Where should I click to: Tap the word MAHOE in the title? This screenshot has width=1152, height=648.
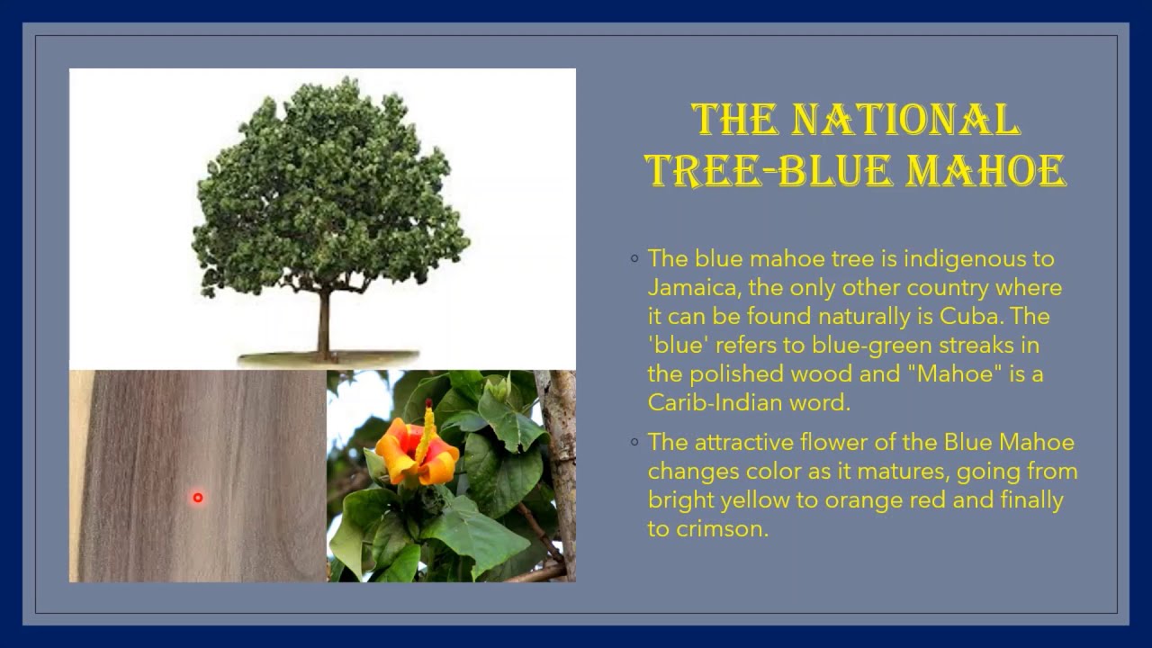click(985, 170)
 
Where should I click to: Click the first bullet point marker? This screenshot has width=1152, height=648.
click(634, 259)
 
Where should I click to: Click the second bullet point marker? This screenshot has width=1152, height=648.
click(634, 443)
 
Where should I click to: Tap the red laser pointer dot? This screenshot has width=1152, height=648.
click(197, 498)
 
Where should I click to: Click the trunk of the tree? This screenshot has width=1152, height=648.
click(323, 324)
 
